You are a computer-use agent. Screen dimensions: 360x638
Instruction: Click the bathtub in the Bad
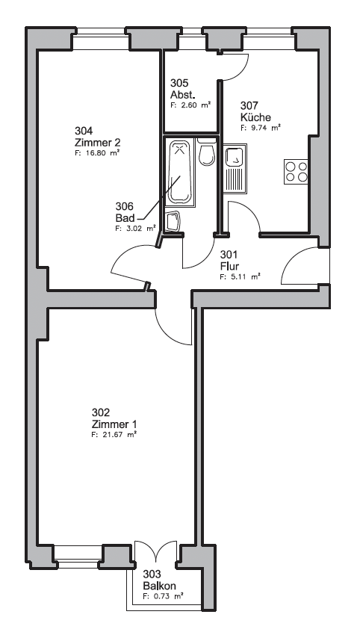coord(179,173)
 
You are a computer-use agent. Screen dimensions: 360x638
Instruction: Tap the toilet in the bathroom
coord(207,152)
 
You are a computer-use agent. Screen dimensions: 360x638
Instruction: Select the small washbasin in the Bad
coord(174,221)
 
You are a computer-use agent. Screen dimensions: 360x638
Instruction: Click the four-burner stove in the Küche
coord(296,172)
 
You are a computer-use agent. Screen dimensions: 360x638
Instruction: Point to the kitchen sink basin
coord(235,157)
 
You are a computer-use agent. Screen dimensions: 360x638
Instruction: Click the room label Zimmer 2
coord(97,143)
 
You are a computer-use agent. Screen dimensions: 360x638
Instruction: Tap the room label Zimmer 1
coord(114,424)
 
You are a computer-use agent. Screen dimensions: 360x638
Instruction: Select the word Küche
coord(255,117)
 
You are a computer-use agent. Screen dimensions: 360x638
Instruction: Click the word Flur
coord(229,267)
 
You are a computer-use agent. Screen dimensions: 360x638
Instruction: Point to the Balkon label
coord(159,586)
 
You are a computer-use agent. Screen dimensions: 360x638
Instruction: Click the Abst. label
coord(183,95)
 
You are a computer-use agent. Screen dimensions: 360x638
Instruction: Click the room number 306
coord(124,206)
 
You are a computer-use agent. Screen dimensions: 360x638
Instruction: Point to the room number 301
coord(229,255)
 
